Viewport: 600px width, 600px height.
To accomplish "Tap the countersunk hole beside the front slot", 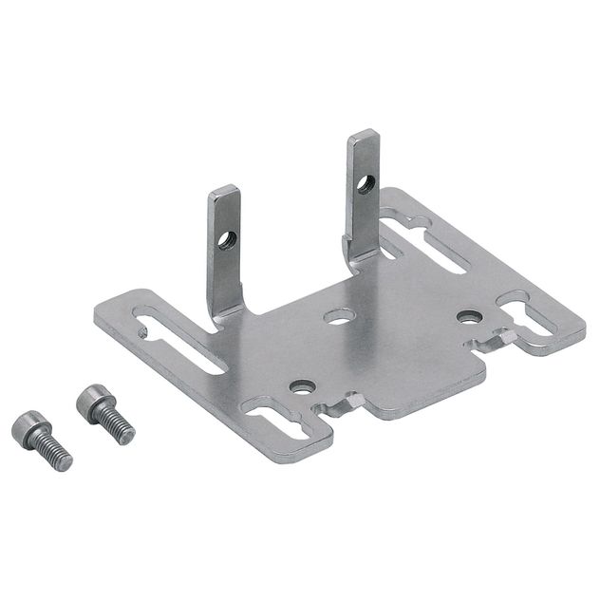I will tap(303, 386).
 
